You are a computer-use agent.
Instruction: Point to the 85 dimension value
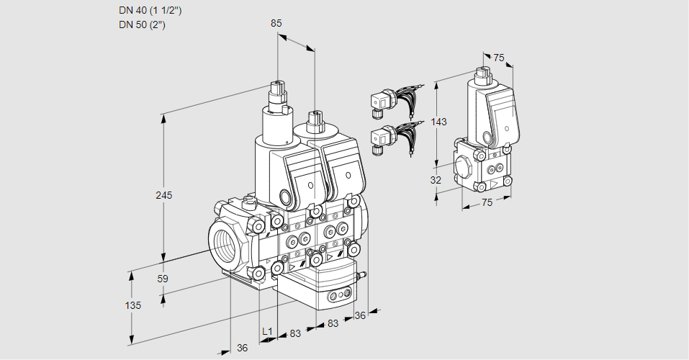coord(276,23)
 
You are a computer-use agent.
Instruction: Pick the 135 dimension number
coord(132,305)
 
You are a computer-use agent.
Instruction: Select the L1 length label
coord(267,331)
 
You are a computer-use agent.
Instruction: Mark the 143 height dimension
coord(438,122)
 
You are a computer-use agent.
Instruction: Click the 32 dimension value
coord(436,180)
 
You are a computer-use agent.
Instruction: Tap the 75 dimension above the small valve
coord(499,58)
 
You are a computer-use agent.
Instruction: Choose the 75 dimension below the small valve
coord(487,203)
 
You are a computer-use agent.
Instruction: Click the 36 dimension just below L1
coord(242,348)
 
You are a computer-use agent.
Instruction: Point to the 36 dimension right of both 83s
coord(360,315)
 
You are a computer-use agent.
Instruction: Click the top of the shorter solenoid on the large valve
coord(314,115)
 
